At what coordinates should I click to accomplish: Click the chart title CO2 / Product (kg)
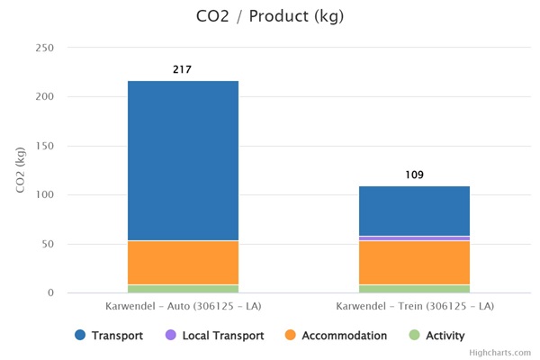269,16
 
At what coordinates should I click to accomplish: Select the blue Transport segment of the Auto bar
183,160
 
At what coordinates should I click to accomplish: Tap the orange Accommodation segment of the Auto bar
183,263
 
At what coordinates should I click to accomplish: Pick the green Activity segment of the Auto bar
183,289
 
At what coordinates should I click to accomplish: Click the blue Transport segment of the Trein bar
414,211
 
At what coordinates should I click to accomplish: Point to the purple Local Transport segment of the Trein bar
414,238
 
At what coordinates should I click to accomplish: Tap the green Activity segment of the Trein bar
414,289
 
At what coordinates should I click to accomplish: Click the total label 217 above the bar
183,69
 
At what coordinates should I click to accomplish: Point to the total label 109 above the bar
414,175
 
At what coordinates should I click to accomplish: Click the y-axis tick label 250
44,48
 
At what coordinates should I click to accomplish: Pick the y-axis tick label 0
50,293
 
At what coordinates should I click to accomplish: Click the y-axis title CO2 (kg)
19,170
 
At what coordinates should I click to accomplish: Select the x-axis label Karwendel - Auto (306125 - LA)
183,307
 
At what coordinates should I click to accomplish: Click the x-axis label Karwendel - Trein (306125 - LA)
414,307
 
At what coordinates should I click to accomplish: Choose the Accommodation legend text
344,336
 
